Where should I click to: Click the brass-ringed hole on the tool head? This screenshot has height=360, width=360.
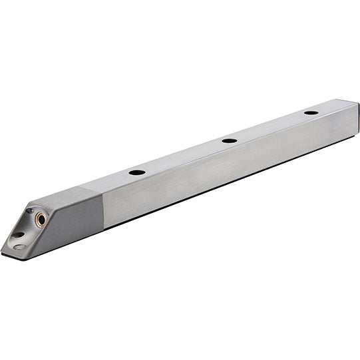tap(41, 218)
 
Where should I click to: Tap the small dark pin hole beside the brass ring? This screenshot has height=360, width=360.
tap(30, 212)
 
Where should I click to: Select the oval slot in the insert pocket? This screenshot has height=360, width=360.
tap(19, 235)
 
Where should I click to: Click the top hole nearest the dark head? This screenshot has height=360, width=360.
tap(137, 172)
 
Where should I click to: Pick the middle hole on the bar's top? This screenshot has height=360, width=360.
tap(230, 140)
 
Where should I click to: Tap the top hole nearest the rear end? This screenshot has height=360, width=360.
tap(311, 112)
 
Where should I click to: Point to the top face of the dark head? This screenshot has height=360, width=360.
tap(67, 194)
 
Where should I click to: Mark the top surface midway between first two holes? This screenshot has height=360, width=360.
tap(183, 156)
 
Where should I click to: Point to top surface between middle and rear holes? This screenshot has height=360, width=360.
tap(270, 126)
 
